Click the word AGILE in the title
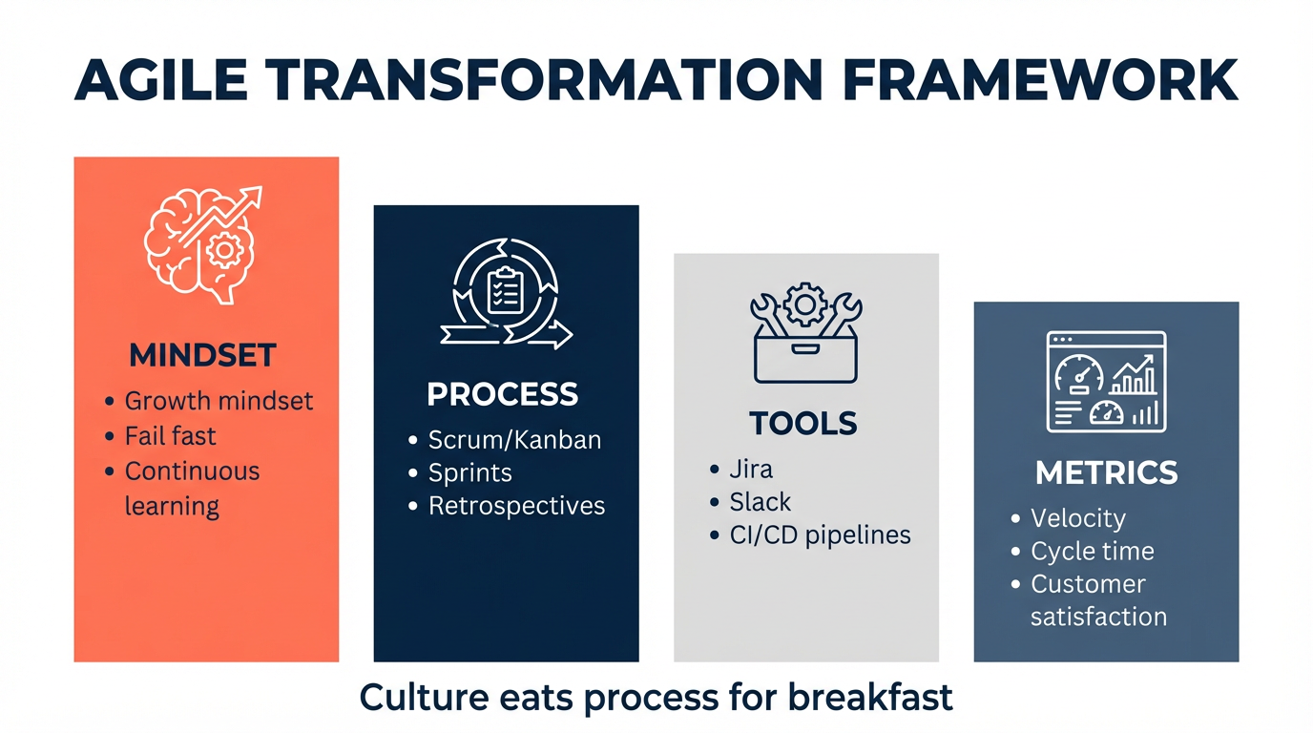161,80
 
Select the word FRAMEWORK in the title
1040,80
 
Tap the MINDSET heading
202,355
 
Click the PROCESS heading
502,393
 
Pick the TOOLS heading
803,423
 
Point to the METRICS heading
1106,472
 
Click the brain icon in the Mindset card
200,246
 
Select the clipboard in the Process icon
505,290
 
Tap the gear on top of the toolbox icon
805,304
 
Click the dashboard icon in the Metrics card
1106,382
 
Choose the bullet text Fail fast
170,435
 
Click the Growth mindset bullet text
219,401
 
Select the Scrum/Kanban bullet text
514,440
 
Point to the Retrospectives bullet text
516,506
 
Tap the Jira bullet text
751,470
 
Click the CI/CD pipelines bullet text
820,534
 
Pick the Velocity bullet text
1078,518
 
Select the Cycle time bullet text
1093,551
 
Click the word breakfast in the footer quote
870,698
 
